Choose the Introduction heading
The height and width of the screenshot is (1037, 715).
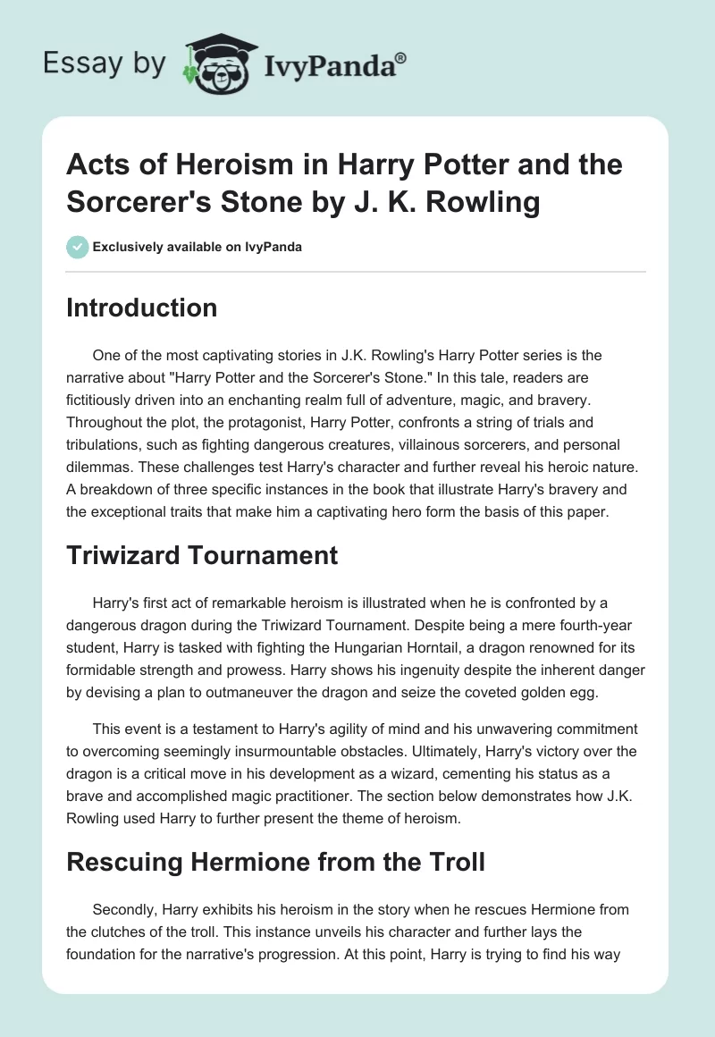click(142, 308)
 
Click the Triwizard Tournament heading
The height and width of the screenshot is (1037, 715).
click(202, 555)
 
